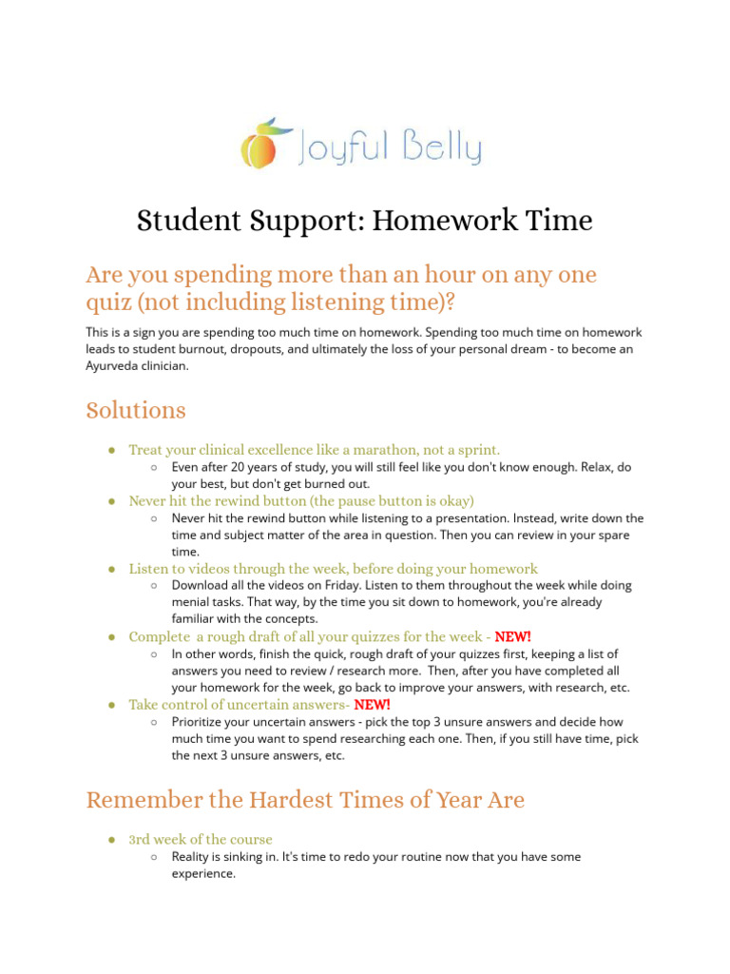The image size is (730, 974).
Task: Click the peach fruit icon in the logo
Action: [259, 145]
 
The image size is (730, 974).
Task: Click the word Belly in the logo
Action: [441, 148]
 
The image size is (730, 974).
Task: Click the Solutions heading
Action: [136, 410]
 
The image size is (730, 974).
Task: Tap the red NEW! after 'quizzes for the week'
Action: [513, 636]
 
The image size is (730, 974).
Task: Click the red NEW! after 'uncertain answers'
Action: [372, 705]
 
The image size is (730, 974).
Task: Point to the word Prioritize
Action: [202, 723]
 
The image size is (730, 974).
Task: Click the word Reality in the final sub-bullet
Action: [193, 857]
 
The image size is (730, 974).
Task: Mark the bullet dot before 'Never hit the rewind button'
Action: [112, 500]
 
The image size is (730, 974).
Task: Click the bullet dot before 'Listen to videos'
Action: [112, 569]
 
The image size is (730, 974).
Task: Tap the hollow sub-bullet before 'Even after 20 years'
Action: [154, 467]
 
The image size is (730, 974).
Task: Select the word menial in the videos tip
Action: [192, 602]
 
